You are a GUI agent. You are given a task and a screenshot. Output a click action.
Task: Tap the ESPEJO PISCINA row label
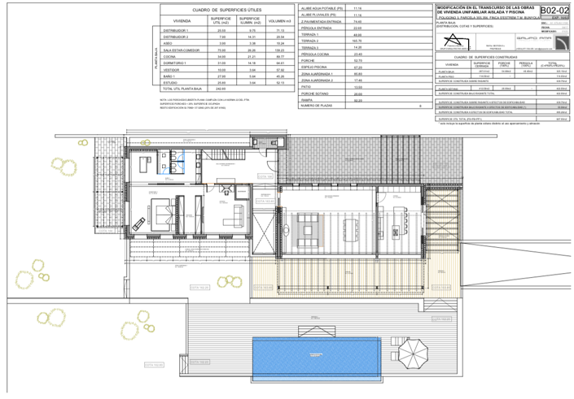pyautogui.click(x=316, y=67)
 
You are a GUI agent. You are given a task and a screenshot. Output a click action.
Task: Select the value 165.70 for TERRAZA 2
pyautogui.click(x=357, y=39)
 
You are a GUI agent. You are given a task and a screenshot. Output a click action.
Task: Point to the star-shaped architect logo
pyautogui.click(x=454, y=41)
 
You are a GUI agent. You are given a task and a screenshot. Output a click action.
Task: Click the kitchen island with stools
pyautogui.click(x=401, y=224)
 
